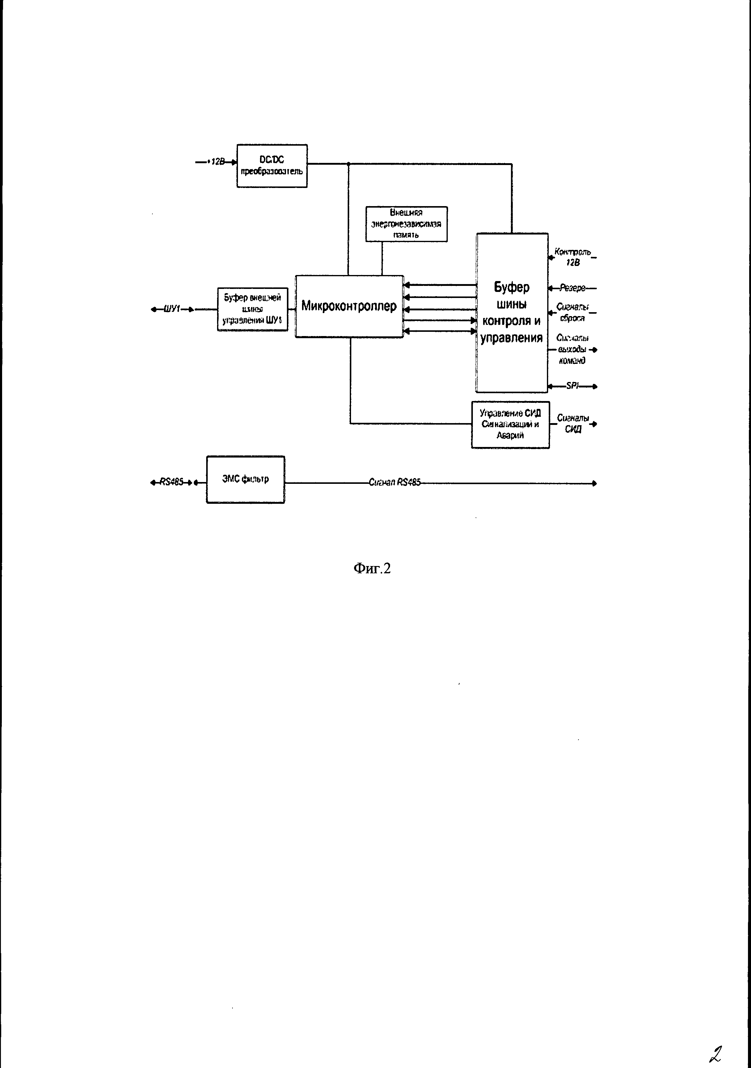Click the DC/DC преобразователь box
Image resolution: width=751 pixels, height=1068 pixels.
[272, 166]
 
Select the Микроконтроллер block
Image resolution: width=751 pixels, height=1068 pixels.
[349, 306]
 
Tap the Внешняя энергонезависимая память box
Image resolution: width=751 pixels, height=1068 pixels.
[406, 224]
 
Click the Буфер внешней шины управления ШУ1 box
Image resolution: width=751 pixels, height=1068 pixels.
[253, 309]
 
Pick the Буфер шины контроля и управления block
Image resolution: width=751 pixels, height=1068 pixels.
[512, 312]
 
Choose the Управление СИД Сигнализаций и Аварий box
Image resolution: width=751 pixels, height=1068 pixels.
[510, 424]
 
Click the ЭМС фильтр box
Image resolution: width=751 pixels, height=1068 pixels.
[245, 479]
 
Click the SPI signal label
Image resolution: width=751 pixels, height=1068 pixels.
[572, 386]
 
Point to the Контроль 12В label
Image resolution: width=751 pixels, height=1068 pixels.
[573, 257]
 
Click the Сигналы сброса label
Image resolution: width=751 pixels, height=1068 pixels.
[572, 312]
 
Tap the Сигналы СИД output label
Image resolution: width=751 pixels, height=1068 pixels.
[573, 424]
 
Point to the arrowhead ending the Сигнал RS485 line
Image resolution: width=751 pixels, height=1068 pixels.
[594, 483]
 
